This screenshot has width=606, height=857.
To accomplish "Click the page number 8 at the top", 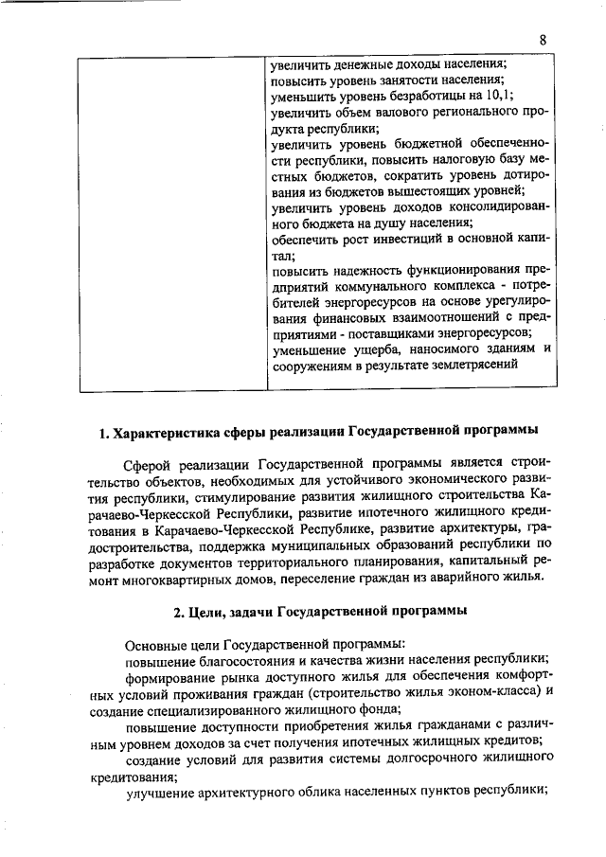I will coord(544,40).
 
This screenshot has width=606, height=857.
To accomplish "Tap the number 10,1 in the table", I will coord(499,96).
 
